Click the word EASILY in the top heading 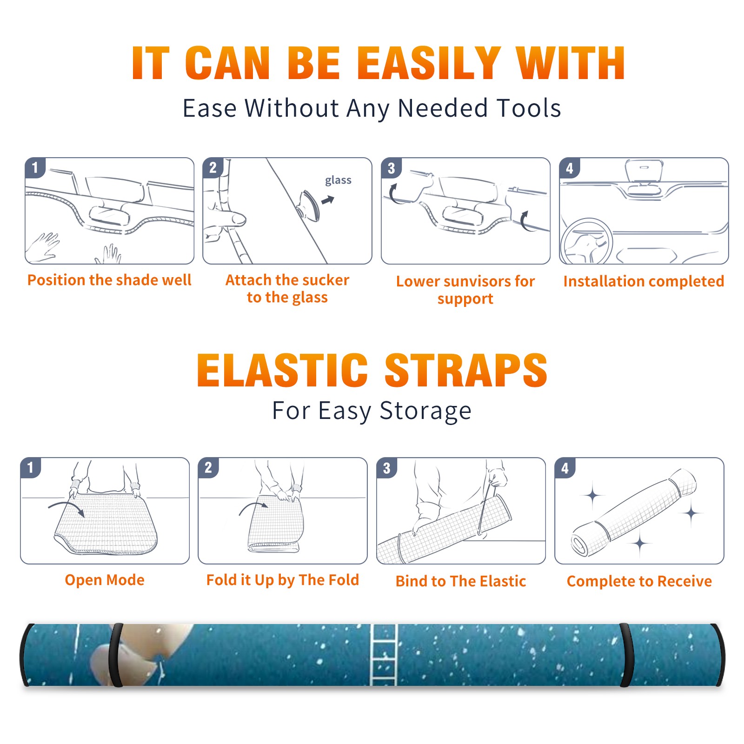point(429,63)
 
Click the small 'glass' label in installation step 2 point(338,180)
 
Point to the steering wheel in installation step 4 point(586,241)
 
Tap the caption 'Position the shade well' point(109,280)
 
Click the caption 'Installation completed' point(644,281)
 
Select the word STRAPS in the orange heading point(466,370)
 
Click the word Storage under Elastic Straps point(425,411)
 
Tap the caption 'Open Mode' point(105,580)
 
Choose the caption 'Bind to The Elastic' point(461,581)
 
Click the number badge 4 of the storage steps point(565,468)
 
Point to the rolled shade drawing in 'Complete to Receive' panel point(634,512)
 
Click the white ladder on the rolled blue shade point(384,655)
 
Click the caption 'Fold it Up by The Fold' point(283,580)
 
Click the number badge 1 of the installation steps point(35,167)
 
